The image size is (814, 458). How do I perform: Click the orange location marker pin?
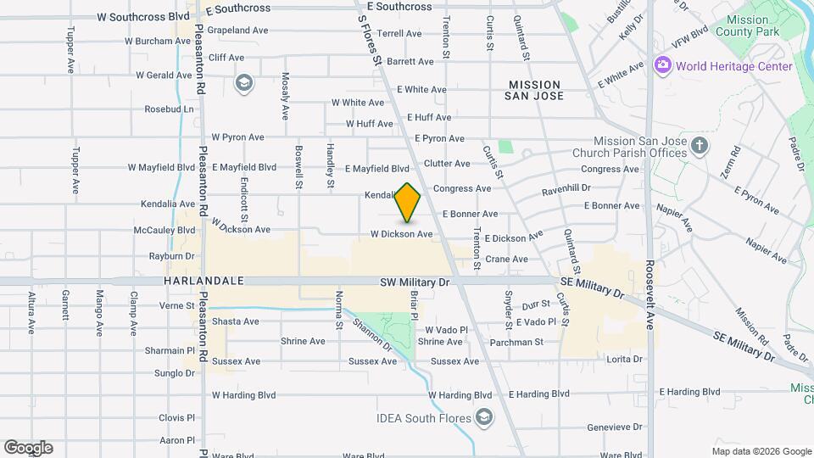point(408,204)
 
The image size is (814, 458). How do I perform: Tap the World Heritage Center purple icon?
point(663,65)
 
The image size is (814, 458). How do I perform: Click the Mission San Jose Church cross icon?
point(700,146)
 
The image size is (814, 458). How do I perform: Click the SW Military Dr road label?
point(415,281)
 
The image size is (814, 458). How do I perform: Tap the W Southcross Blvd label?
point(143,16)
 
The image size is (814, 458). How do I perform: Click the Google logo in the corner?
point(27,448)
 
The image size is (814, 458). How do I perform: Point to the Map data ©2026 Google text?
point(761,451)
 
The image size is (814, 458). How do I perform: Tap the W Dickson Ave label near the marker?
point(401,233)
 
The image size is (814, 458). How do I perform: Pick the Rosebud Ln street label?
point(169,109)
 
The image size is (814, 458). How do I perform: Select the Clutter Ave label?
point(447,163)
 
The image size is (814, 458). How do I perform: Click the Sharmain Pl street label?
point(170,350)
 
